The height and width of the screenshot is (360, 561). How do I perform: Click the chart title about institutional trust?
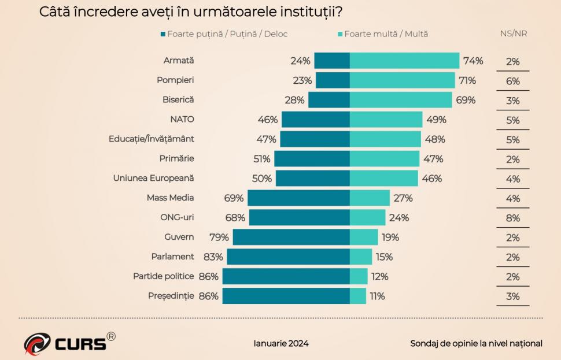click(194, 12)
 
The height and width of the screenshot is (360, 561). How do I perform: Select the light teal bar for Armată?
click(404, 61)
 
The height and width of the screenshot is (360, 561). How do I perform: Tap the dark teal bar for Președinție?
click(286, 296)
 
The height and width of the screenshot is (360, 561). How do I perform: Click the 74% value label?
click(473, 61)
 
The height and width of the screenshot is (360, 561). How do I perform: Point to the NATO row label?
click(182, 119)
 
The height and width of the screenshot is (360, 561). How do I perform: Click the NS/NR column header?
click(513, 34)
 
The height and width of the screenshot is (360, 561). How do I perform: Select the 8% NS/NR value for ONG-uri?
click(513, 218)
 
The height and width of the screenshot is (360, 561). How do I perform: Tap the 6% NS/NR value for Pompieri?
click(513, 81)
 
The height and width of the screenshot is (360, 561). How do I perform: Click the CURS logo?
click(69, 342)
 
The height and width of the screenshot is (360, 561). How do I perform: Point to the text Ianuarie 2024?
click(281, 343)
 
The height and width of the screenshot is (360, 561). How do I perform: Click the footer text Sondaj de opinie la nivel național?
click(476, 343)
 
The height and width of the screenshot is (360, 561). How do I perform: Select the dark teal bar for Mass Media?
click(298, 198)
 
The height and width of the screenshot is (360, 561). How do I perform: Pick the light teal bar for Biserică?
click(401, 100)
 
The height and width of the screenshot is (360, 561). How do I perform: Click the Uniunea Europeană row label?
click(153, 178)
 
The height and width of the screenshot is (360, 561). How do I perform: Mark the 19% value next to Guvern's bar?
click(390, 237)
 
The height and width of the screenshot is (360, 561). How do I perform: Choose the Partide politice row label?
click(163, 276)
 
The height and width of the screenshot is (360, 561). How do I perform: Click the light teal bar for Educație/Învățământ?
click(385, 139)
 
